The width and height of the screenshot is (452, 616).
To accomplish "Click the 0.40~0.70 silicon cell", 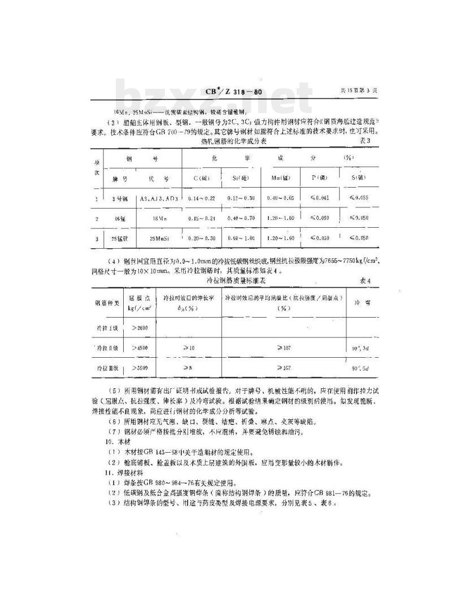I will [x=241, y=219].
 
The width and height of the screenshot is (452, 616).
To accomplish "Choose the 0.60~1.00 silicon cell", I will [x=241, y=238].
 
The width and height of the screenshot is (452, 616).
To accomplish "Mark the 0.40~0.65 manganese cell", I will [x=282, y=199].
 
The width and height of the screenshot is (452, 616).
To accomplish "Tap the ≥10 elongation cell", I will [x=188, y=348].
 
